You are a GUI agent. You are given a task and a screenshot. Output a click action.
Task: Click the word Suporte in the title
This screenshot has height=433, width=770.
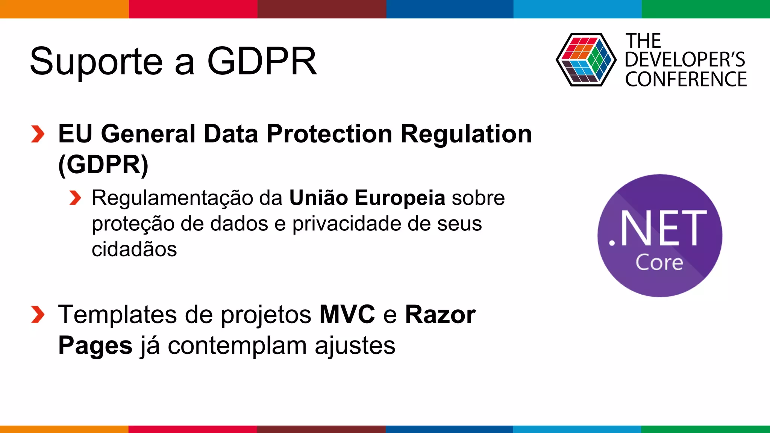click(x=96, y=61)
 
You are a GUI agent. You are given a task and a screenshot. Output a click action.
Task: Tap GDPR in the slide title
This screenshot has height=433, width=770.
click(x=262, y=61)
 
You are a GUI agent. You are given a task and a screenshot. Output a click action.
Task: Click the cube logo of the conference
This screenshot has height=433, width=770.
click(x=586, y=60)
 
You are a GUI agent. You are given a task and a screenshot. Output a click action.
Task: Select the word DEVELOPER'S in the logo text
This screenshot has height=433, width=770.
click(x=685, y=60)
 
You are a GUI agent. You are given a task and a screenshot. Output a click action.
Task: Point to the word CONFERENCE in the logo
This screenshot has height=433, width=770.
click(x=686, y=79)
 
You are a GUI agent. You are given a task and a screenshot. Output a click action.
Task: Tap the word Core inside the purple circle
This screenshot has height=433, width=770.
click(x=659, y=262)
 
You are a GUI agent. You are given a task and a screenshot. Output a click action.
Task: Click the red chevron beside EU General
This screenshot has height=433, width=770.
click(x=38, y=134)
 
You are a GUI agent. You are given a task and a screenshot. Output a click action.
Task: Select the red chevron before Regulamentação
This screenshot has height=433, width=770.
click(x=75, y=198)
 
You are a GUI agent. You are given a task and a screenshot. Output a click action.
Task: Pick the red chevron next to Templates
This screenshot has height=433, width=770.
click(x=38, y=315)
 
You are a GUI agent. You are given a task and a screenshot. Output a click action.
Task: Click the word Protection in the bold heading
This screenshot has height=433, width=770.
click(x=329, y=134)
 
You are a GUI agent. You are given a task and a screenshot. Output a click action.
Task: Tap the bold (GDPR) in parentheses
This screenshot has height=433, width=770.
click(x=103, y=165)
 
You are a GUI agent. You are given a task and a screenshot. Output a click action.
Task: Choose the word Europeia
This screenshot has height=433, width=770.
click(x=400, y=198)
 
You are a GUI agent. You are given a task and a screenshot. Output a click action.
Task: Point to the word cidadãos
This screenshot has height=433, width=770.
click(x=134, y=249)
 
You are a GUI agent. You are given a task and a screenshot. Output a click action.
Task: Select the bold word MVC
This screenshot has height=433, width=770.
click(x=347, y=314)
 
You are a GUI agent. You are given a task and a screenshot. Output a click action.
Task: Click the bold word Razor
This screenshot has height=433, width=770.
click(x=440, y=314)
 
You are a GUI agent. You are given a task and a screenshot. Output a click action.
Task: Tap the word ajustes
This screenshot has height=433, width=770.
click(x=355, y=346)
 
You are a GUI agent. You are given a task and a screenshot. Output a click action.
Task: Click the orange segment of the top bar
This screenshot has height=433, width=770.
click(x=64, y=9)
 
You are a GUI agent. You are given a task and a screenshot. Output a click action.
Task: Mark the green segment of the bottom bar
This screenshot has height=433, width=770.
click(x=706, y=429)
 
